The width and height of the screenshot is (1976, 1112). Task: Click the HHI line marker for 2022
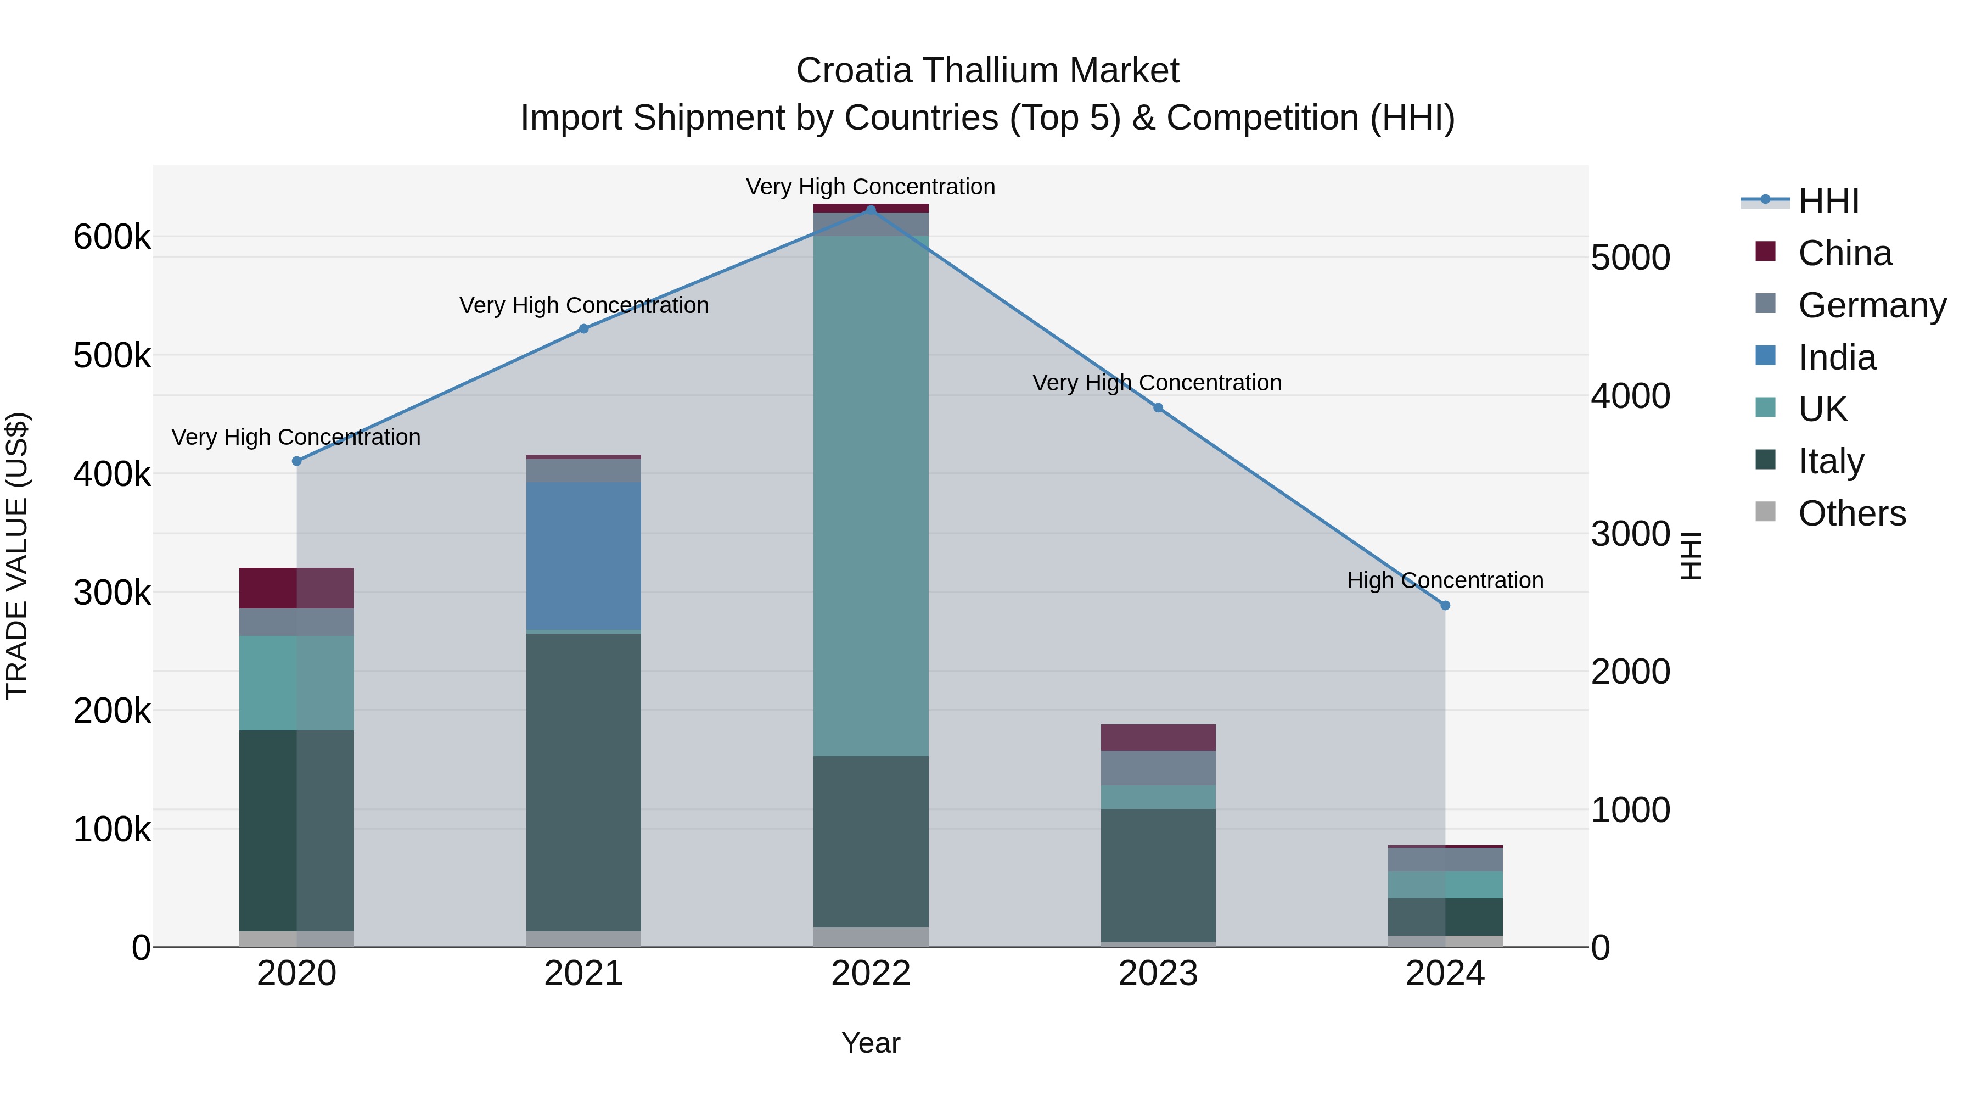(871, 210)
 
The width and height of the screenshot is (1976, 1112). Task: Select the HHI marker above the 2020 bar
(297, 461)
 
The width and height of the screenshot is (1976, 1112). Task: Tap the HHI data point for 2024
(1445, 606)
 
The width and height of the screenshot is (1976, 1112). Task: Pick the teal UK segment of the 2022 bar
(871, 495)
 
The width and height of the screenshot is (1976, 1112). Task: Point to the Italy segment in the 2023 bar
(1158, 875)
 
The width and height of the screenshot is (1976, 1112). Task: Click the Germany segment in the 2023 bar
(1158, 768)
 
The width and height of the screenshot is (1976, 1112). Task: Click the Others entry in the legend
(1851, 513)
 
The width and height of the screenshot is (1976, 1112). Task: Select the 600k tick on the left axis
(112, 237)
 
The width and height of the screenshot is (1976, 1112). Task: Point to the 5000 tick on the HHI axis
(1630, 258)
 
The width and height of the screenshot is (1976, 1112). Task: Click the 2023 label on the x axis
(1158, 974)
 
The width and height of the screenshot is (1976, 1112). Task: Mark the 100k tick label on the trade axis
(112, 830)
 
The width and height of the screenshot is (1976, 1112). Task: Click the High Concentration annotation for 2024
(1445, 580)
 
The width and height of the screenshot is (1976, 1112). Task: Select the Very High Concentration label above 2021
(584, 305)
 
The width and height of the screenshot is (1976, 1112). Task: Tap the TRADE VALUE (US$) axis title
(17, 556)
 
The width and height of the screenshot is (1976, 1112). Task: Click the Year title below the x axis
(871, 1043)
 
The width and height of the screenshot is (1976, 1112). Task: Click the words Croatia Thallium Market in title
(987, 71)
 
